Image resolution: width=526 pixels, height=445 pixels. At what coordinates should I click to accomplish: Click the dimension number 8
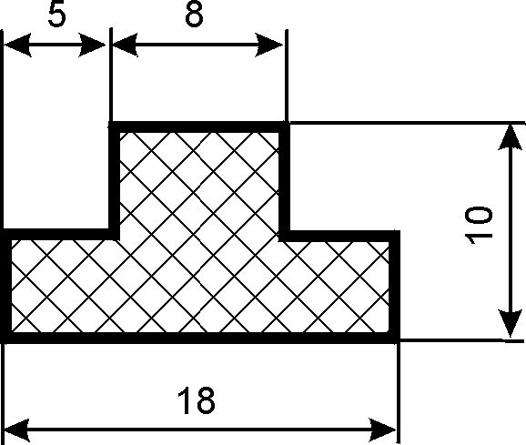[194, 15]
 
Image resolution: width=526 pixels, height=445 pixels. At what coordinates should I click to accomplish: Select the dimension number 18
[196, 400]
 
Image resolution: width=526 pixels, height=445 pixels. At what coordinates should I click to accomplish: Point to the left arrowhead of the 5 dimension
[16, 45]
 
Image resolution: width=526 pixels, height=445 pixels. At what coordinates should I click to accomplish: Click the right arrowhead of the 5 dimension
[92, 45]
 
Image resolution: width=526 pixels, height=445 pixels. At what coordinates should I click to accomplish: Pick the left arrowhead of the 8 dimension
[125, 45]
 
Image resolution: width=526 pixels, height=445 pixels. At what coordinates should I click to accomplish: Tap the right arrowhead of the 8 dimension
[269, 45]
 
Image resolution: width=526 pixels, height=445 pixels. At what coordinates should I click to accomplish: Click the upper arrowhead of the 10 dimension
[511, 137]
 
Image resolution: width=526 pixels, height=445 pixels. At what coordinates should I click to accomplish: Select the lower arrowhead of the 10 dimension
[511, 323]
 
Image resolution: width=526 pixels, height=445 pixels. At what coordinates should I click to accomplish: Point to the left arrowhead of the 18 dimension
[16, 430]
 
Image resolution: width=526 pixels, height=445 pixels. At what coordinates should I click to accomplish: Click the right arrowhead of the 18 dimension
[382, 430]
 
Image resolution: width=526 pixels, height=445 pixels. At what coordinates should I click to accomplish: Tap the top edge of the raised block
[199, 127]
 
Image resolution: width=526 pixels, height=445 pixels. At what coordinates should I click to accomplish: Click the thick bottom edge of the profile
[200, 338]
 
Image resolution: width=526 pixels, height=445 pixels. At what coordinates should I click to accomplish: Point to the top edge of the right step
[339, 236]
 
